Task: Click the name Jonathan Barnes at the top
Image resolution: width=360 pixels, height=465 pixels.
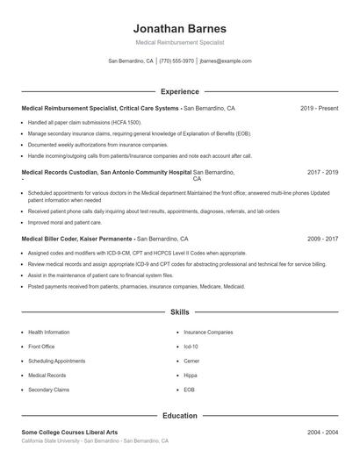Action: pyautogui.click(x=180, y=28)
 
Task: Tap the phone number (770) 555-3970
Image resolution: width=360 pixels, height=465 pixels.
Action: pyautogui.click(x=176, y=61)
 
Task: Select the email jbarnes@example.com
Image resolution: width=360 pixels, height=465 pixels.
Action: pyautogui.click(x=226, y=61)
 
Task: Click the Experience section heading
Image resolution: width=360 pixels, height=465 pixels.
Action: pyautogui.click(x=180, y=91)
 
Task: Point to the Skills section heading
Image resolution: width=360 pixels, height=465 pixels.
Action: pyautogui.click(x=180, y=312)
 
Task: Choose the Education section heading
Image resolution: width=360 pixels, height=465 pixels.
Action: pyautogui.click(x=180, y=416)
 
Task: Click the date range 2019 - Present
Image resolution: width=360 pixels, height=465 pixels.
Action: pyautogui.click(x=319, y=109)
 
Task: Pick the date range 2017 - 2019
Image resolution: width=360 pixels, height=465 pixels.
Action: pyautogui.click(x=322, y=173)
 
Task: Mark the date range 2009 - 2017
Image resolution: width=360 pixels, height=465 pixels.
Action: pyautogui.click(x=322, y=239)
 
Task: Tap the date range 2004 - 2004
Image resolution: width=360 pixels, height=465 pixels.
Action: pyautogui.click(x=322, y=433)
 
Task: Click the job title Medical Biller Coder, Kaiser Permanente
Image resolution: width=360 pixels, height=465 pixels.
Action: pyautogui.click(x=77, y=239)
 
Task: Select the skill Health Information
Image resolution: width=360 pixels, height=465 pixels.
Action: pyautogui.click(x=49, y=333)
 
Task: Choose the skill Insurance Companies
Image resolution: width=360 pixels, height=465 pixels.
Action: pyautogui.click(x=208, y=333)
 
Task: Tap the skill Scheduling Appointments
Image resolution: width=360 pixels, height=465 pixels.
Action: pyautogui.click(x=57, y=361)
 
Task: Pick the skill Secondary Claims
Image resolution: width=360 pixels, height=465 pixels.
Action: pyautogui.click(x=48, y=389)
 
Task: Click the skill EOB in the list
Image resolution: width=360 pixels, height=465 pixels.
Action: pyautogui.click(x=189, y=389)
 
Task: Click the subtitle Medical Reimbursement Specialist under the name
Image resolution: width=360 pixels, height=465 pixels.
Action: pyautogui.click(x=180, y=42)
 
